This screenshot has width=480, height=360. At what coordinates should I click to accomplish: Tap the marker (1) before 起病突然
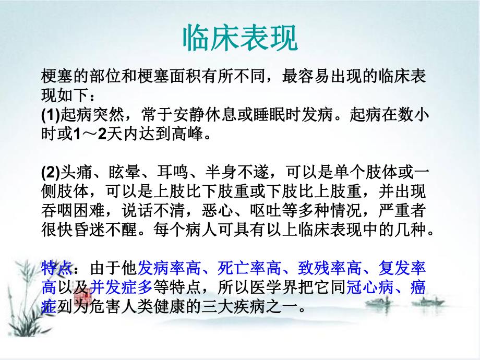(51, 114)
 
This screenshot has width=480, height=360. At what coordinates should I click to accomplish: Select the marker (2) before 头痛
(51, 173)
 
